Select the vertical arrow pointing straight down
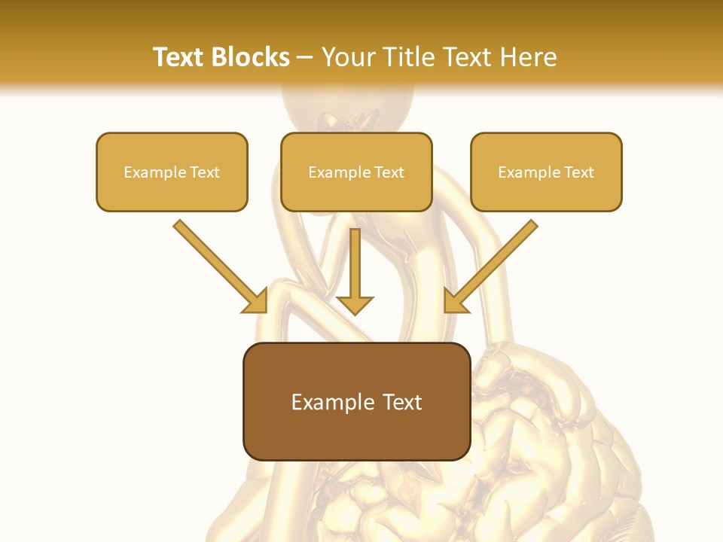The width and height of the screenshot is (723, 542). tap(355, 263)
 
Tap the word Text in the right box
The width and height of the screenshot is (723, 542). tap(578, 172)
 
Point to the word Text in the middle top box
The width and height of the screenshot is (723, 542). tap(389, 172)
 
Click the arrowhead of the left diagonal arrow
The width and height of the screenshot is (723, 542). tap(256, 301)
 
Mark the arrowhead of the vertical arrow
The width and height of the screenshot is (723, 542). tap(355, 304)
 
